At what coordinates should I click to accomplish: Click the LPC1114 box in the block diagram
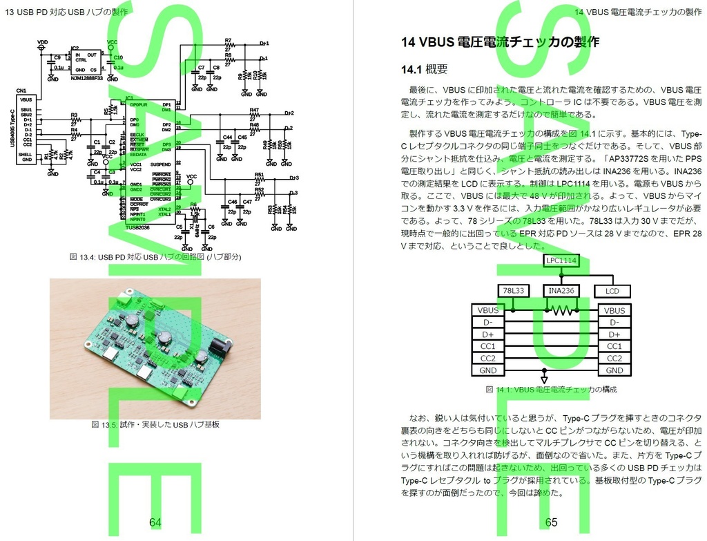coord(560,260)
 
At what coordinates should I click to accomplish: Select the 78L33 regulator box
coord(513,291)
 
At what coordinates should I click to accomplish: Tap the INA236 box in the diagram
coord(560,291)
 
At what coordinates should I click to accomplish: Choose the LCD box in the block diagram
coord(612,291)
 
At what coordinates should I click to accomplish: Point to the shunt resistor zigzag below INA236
coord(560,311)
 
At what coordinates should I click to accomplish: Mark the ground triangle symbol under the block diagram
coord(545,380)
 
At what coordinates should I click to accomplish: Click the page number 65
coord(551,522)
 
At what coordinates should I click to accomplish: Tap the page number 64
coord(155,522)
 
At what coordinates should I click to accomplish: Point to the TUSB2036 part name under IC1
coord(138,226)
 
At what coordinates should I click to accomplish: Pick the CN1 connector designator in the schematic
coord(21,91)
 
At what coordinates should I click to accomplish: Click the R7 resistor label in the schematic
coord(229,40)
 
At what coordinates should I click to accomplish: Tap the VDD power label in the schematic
coord(42,42)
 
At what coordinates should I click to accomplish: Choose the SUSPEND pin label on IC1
coord(161,164)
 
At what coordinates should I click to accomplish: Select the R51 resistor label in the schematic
coord(259,175)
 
